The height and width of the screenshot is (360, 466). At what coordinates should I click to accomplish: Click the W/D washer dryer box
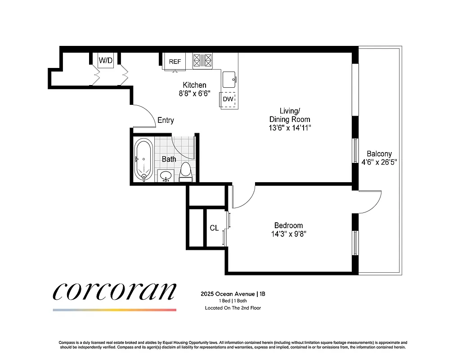click(106, 60)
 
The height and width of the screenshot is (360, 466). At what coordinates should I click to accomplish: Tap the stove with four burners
click(202, 61)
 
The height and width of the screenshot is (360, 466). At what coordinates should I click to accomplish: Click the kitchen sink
click(229, 79)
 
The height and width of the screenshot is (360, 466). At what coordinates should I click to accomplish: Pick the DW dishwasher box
click(228, 99)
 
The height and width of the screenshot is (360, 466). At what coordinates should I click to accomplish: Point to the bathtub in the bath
click(143, 159)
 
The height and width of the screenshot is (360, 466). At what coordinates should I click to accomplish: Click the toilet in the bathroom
click(185, 172)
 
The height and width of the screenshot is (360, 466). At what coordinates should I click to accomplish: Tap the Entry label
click(166, 120)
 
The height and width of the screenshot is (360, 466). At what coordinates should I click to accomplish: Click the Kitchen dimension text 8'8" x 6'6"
click(194, 94)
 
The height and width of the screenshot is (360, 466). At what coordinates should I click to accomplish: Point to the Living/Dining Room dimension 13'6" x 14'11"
click(289, 128)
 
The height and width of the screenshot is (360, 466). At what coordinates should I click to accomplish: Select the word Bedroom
click(288, 225)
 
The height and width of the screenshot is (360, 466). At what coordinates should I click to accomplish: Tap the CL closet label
click(214, 228)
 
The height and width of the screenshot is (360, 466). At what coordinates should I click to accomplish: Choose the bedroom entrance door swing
click(245, 193)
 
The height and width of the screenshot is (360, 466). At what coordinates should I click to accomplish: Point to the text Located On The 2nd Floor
click(233, 308)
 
